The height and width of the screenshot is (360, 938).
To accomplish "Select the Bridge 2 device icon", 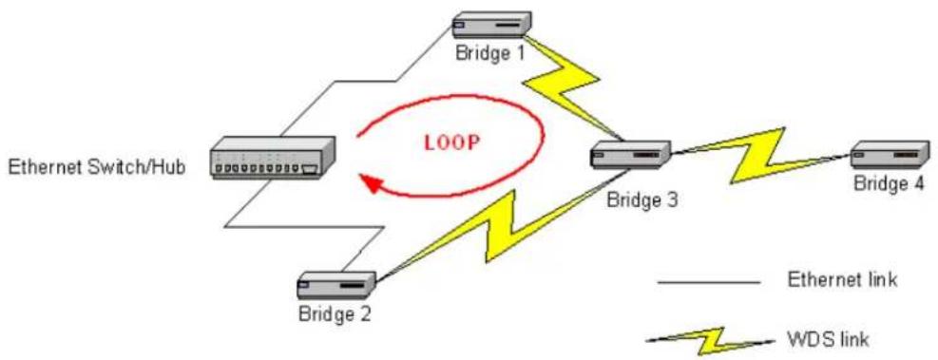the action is point(336,287).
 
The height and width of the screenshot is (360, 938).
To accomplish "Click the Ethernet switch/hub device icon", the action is point(272,158).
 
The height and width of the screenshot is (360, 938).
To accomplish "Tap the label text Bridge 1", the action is point(490,53).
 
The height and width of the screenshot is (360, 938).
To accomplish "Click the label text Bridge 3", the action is point(641,199).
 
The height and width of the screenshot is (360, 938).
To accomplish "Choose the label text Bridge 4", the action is point(889,183).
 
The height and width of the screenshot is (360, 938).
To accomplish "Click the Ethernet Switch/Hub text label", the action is point(97,167).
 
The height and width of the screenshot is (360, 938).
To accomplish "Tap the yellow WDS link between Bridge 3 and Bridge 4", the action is point(760,154).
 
